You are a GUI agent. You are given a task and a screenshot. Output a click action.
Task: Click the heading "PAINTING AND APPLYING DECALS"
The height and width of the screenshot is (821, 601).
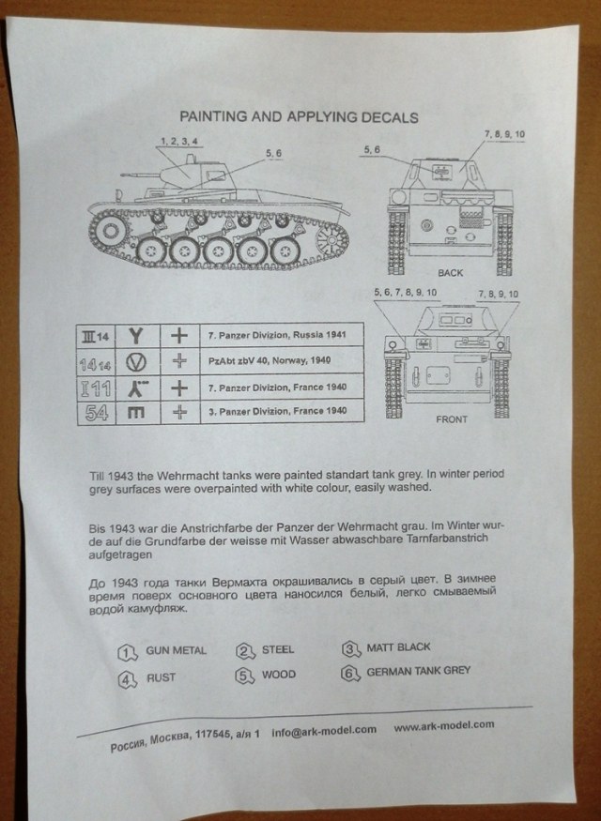click(x=299, y=117)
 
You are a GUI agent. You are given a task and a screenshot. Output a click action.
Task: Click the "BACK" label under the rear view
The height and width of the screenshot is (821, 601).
click(x=450, y=273)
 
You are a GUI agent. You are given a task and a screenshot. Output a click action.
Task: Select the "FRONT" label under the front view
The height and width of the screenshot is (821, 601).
click(x=451, y=419)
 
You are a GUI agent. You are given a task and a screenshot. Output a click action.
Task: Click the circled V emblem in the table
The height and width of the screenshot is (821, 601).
click(x=137, y=361)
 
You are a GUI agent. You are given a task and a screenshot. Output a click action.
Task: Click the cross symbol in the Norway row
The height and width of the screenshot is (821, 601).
click(x=178, y=361)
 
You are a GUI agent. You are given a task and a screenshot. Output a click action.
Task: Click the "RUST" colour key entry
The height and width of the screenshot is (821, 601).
click(x=161, y=677)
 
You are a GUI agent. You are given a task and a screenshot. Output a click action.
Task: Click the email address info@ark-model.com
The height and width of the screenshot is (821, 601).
click(x=323, y=730)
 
